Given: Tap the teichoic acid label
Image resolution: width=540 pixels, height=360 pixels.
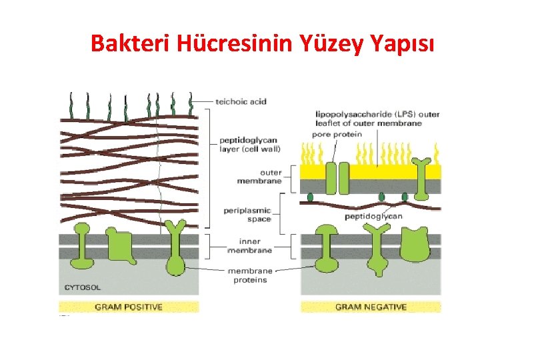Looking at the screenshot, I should pos(241,101).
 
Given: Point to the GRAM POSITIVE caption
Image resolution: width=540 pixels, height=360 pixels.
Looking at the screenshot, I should pos(129,307).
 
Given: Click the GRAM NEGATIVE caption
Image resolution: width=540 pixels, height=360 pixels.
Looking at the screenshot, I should pos(371,307).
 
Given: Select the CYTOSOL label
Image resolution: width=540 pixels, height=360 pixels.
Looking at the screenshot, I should pos(83,287).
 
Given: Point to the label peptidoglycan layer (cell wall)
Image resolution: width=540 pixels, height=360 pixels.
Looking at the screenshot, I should pos(251,145).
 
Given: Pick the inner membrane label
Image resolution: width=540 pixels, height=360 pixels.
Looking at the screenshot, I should pos(249,246).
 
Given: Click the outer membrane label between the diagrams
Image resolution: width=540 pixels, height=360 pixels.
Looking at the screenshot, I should pos(261,177).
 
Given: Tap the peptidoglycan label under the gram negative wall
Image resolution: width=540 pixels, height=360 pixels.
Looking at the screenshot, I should pos(373,216).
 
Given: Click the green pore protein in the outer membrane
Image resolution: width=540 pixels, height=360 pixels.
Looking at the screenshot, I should pos(337,178).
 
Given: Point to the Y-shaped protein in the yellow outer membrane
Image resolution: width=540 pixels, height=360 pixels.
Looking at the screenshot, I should pos(421,177).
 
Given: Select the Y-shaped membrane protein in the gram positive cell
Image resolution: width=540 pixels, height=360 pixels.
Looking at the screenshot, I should pos(175,247).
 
